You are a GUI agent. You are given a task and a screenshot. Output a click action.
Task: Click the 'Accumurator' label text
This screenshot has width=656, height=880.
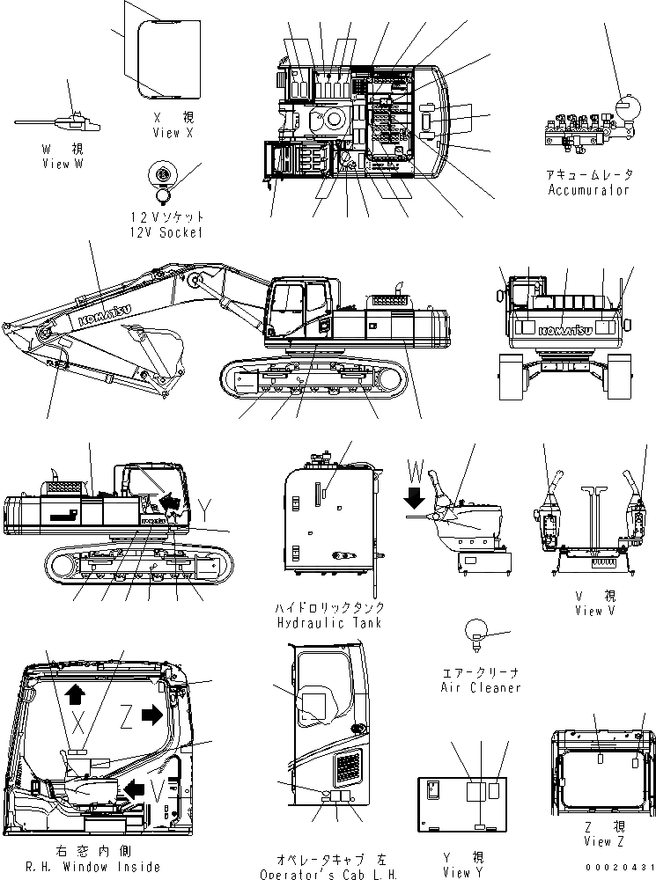588,189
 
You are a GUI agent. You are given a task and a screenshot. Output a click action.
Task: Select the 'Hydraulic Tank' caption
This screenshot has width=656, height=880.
328,622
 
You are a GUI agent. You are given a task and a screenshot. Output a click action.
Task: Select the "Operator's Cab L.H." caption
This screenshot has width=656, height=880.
328,874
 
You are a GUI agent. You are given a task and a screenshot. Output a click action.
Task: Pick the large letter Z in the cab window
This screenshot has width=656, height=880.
126,719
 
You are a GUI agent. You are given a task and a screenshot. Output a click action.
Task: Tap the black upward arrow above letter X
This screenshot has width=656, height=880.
75,694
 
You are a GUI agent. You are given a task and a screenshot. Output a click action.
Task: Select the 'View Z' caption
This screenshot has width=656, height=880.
604,841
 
